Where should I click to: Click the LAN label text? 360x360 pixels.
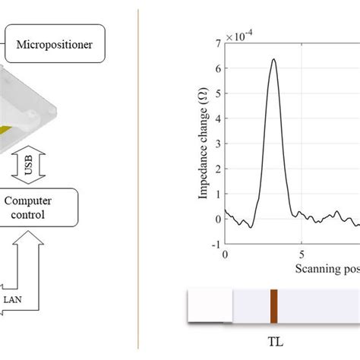pyautogui.click(x=13, y=299)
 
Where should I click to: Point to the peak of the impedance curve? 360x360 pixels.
pyautogui.click(x=273, y=59)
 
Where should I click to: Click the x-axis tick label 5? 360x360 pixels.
pyautogui.click(x=302, y=255)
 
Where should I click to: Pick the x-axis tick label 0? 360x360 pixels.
pyautogui.click(x=225, y=255)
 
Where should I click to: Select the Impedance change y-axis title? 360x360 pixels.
pyautogui.click(x=204, y=144)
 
